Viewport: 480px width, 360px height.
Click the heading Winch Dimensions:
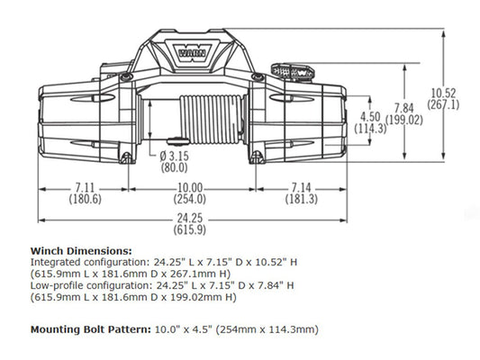(81, 249)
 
